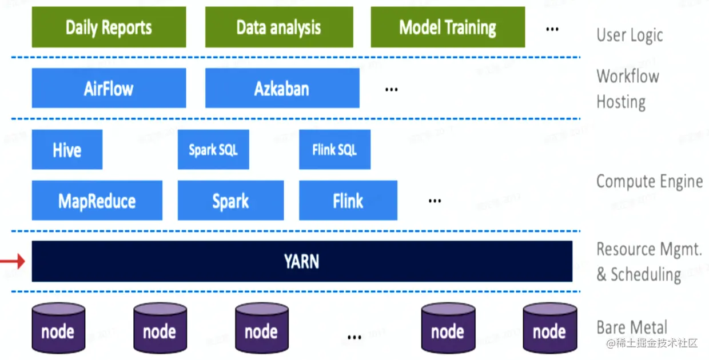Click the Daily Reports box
click(109, 27)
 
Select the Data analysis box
click(278, 27)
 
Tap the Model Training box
click(448, 27)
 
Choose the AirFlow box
click(109, 88)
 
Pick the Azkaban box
click(282, 88)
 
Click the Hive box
click(67, 150)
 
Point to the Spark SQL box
click(213, 150)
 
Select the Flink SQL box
click(334, 150)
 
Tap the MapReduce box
click(97, 201)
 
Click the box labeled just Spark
click(230, 201)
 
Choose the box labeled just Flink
click(348, 201)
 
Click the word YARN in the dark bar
click(301, 262)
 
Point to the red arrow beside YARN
click(12, 262)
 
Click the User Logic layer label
click(630, 35)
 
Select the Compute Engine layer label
click(650, 181)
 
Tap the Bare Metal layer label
click(632, 327)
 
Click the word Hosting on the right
click(621, 102)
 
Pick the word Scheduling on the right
click(646, 274)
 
